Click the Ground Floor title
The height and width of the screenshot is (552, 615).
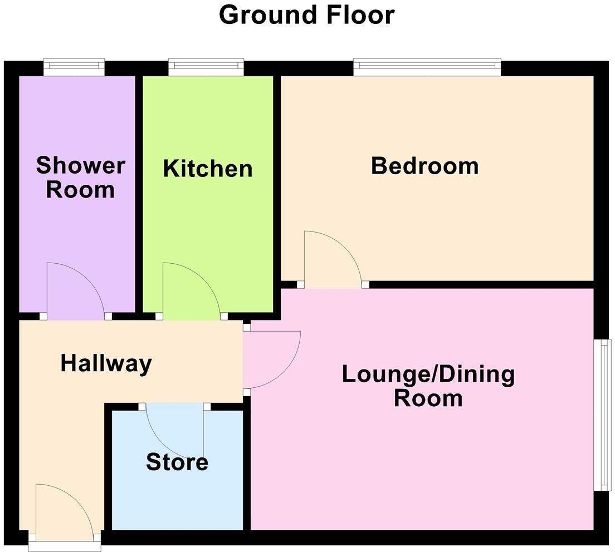tap(306, 15)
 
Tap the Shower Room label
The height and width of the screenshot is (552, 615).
tap(80, 178)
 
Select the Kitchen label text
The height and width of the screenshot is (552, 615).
tap(208, 168)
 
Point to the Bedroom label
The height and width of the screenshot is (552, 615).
tap(425, 166)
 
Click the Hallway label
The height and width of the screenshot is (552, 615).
tap(106, 363)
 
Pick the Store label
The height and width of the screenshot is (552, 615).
tap(177, 462)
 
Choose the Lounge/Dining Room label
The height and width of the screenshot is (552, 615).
tap(428, 386)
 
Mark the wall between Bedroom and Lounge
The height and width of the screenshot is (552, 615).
tap(479, 284)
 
